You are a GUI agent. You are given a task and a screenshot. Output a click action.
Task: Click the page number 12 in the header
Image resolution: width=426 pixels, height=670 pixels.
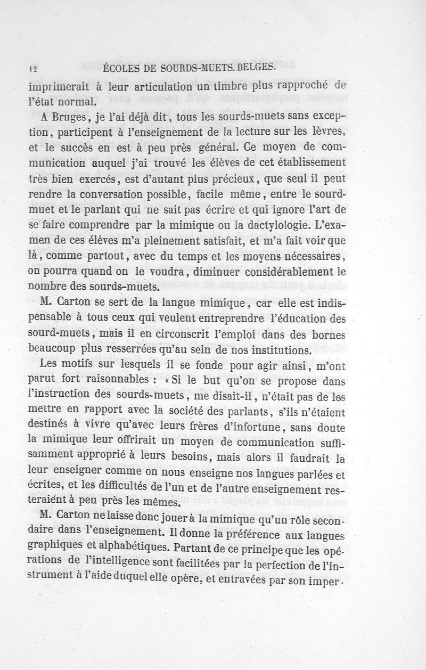pos(32,68)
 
